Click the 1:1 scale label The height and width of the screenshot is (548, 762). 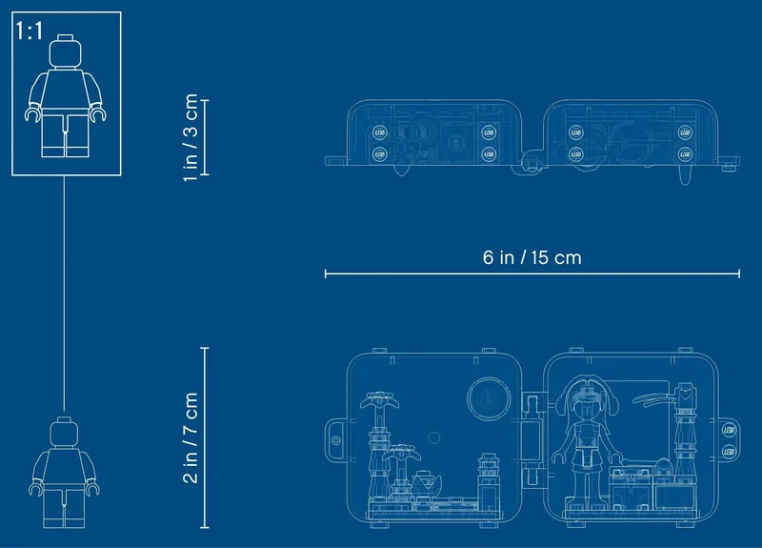coord(30,30)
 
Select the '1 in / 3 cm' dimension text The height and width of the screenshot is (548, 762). coord(190,137)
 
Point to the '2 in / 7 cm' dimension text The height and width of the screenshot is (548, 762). coord(190,437)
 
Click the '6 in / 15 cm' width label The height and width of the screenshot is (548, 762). coord(532,257)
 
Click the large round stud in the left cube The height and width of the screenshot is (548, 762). coord(489,398)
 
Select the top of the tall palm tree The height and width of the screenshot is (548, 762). coord(379,400)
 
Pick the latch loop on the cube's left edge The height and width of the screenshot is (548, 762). coord(336,440)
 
